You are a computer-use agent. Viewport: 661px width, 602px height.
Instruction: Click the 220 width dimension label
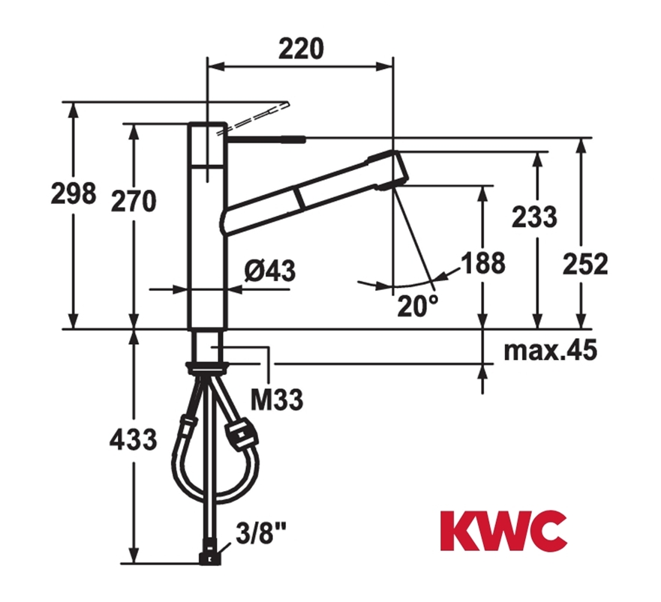click(301, 49)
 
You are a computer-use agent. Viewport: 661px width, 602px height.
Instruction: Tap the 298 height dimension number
click(74, 193)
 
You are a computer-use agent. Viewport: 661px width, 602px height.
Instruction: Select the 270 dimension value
click(134, 201)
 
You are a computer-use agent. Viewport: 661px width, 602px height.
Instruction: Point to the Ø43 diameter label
click(270, 270)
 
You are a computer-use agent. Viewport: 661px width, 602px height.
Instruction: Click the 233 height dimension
click(534, 217)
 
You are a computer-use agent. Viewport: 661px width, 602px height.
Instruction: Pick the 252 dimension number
click(585, 264)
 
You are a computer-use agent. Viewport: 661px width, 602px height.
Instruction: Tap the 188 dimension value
click(482, 262)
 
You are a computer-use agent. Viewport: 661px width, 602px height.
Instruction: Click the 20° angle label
click(417, 305)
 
